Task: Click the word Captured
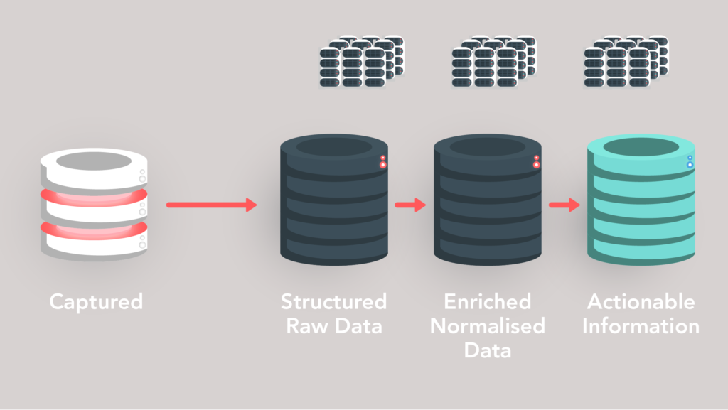coord(96,301)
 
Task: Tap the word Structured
coord(333,301)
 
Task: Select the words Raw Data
coord(333,326)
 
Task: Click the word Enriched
coord(487,301)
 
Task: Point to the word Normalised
coord(487,326)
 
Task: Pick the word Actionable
coord(641,301)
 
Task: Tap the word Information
coord(641,326)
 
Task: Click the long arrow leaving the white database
coord(211,205)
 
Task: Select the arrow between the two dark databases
coord(409,205)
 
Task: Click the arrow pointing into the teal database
coord(564,205)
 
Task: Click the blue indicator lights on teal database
coord(690,162)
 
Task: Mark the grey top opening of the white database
coord(93,161)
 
